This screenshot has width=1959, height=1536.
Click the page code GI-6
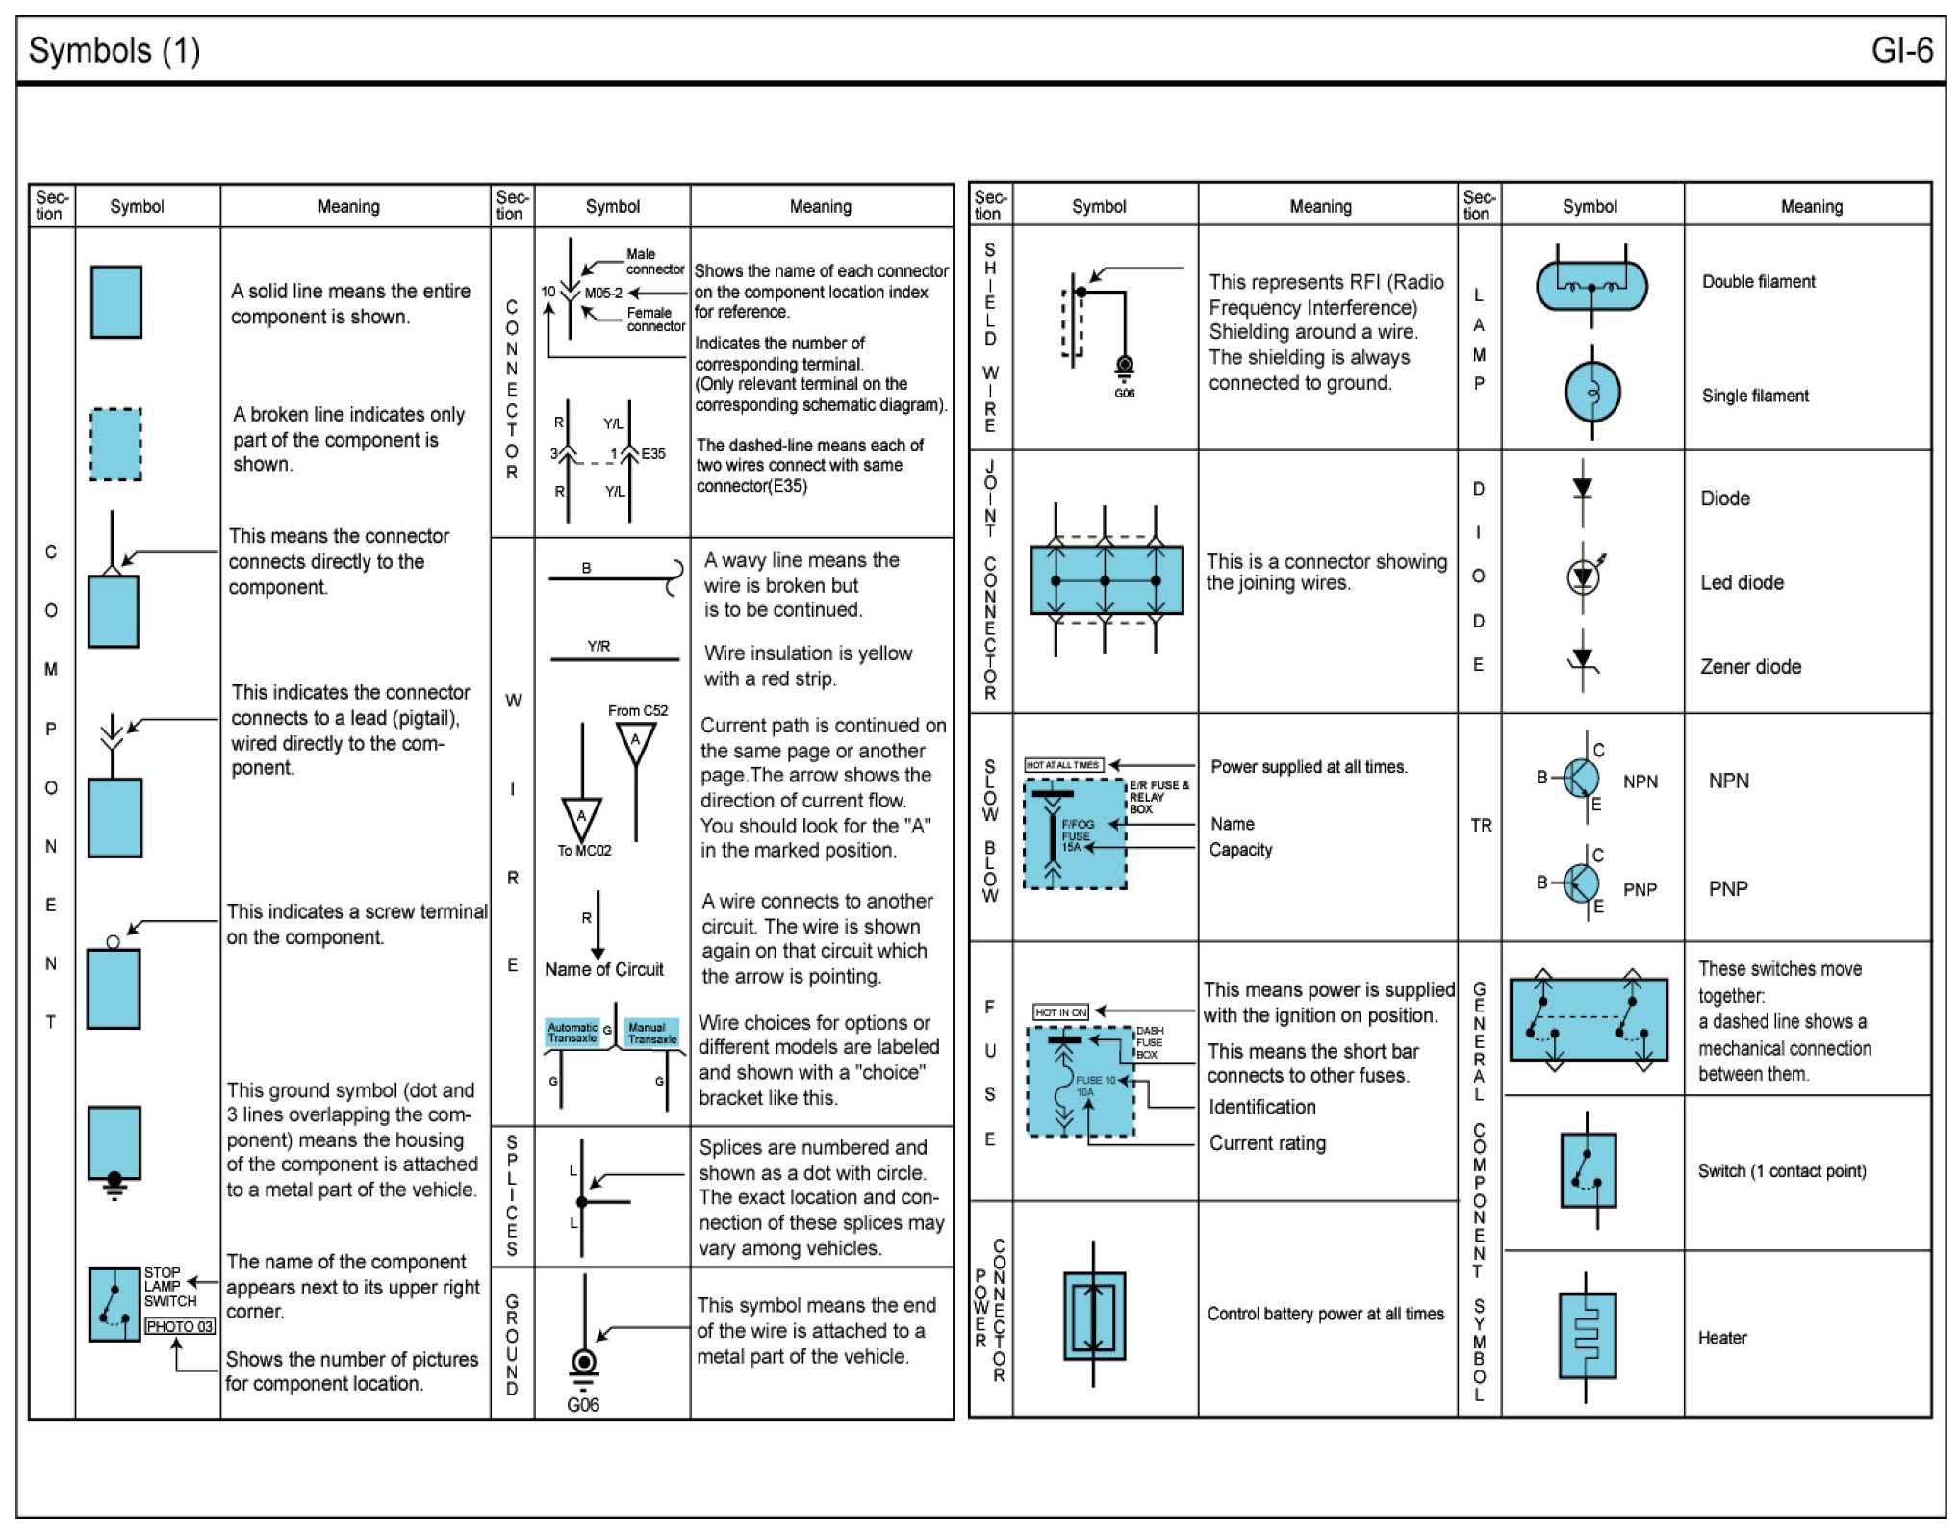point(1900,50)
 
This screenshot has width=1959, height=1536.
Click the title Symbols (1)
point(114,50)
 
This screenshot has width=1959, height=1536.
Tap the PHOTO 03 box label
point(180,1326)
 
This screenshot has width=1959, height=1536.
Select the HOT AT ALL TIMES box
point(1063,765)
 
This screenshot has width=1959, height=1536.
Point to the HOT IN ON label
point(1060,1011)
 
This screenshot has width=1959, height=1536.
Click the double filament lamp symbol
point(1591,286)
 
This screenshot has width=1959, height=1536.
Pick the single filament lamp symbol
point(1592,393)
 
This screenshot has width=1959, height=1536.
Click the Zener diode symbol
point(1583,660)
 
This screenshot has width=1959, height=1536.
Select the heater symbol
point(1588,1336)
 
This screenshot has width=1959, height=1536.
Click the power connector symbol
point(1094,1315)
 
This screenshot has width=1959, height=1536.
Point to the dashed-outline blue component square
point(115,444)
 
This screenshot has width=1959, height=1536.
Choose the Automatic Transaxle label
point(572,1033)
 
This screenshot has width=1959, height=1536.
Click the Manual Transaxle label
point(651,1033)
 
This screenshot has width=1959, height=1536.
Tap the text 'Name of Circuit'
point(604,969)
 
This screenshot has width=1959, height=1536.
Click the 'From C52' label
point(637,710)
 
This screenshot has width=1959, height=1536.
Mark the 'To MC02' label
point(584,850)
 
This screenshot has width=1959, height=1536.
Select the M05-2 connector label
point(603,293)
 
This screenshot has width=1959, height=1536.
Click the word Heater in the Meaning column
point(1721,1337)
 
